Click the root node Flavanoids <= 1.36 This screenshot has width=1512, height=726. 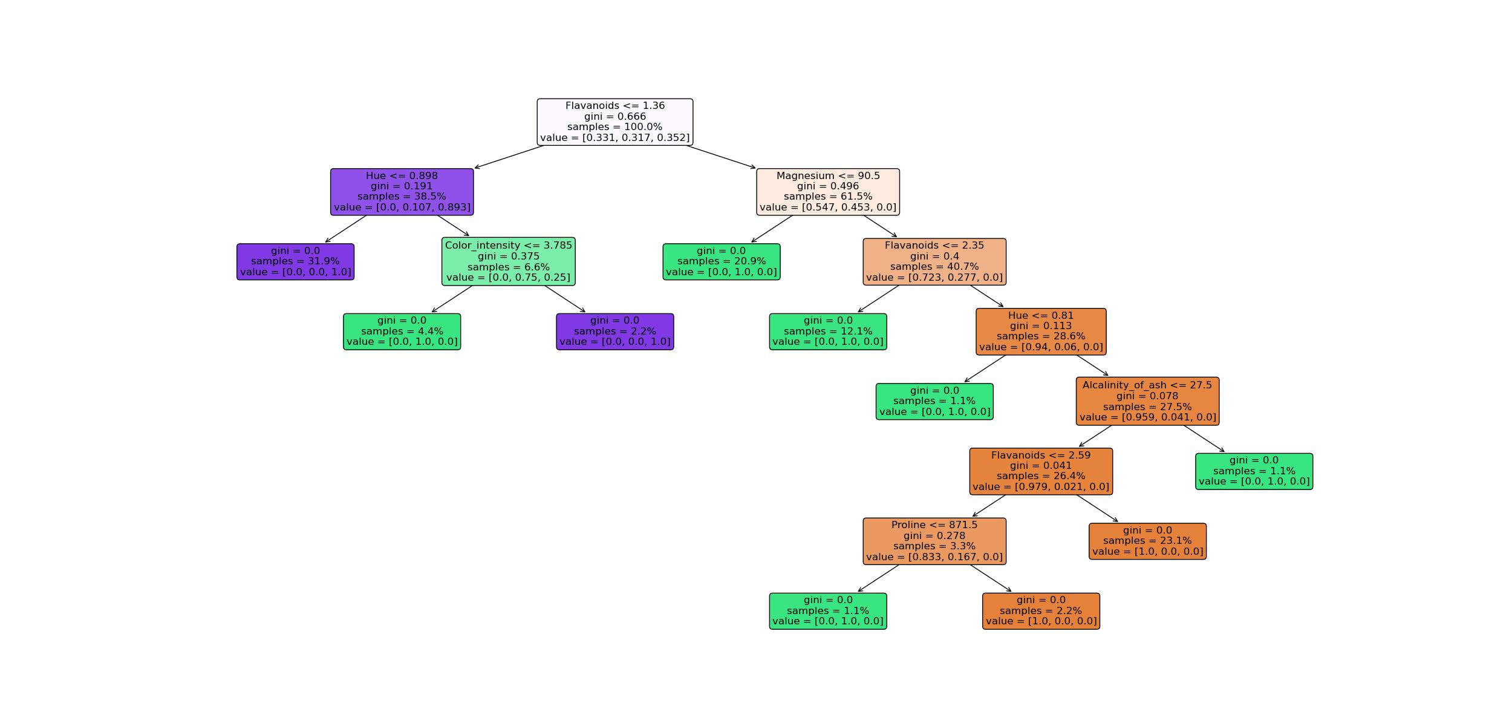(614, 122)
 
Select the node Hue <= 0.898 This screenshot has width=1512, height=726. (402, 192)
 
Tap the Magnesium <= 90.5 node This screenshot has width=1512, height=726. (827, 192)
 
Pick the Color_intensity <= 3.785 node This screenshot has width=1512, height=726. (508, 261)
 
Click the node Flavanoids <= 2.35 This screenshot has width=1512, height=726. (934, 261)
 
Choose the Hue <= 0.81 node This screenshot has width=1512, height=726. (1040, 332)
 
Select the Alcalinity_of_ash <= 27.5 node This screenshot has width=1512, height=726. (1147, 401)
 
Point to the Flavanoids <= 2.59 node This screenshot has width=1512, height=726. (1040, 471)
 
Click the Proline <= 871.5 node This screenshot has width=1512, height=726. (934, 541)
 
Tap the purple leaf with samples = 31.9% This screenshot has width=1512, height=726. (295, 261)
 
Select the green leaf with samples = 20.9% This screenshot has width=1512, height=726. (721, 261)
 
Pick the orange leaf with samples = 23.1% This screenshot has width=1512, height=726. (1147, 541)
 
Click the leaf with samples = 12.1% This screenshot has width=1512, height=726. (827, 332)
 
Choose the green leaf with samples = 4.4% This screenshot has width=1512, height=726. (402, 332)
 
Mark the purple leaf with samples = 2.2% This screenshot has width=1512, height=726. (614, 332)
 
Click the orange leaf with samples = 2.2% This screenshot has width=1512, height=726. (1040, 611)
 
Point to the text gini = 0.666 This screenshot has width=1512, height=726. (614, 117)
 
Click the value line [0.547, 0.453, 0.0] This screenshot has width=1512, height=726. (827, 208)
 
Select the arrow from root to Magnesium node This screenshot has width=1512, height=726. (721, 157)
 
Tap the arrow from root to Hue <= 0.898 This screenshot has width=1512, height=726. (509, 157)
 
